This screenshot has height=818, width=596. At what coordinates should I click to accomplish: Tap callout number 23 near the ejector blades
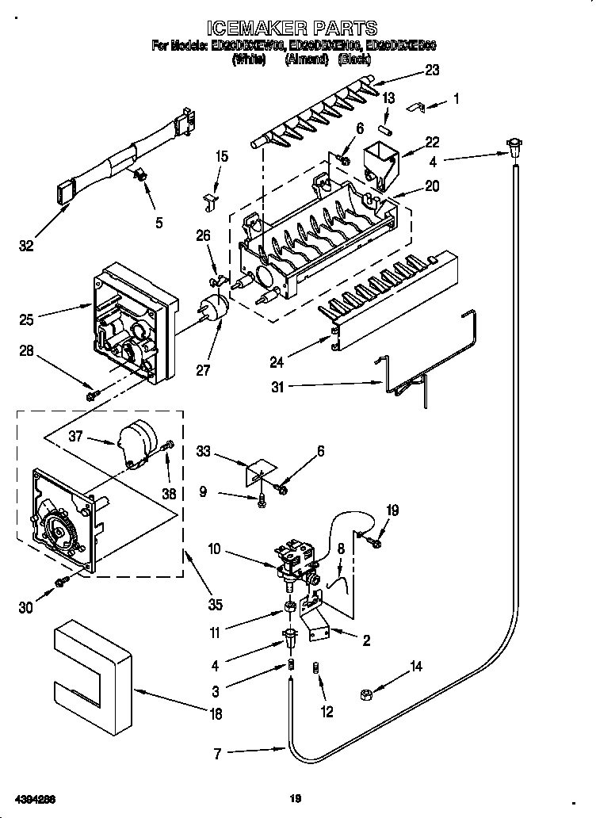click(x=432, y=70)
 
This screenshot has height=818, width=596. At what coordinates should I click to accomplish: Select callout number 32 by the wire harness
click(x=27, y=247)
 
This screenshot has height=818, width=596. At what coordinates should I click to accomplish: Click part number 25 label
click(x=28, y=319)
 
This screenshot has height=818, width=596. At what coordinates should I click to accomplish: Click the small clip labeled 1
click(x=418, y=105)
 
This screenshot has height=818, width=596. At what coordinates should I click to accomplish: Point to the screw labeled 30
click(x=60, y=583)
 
